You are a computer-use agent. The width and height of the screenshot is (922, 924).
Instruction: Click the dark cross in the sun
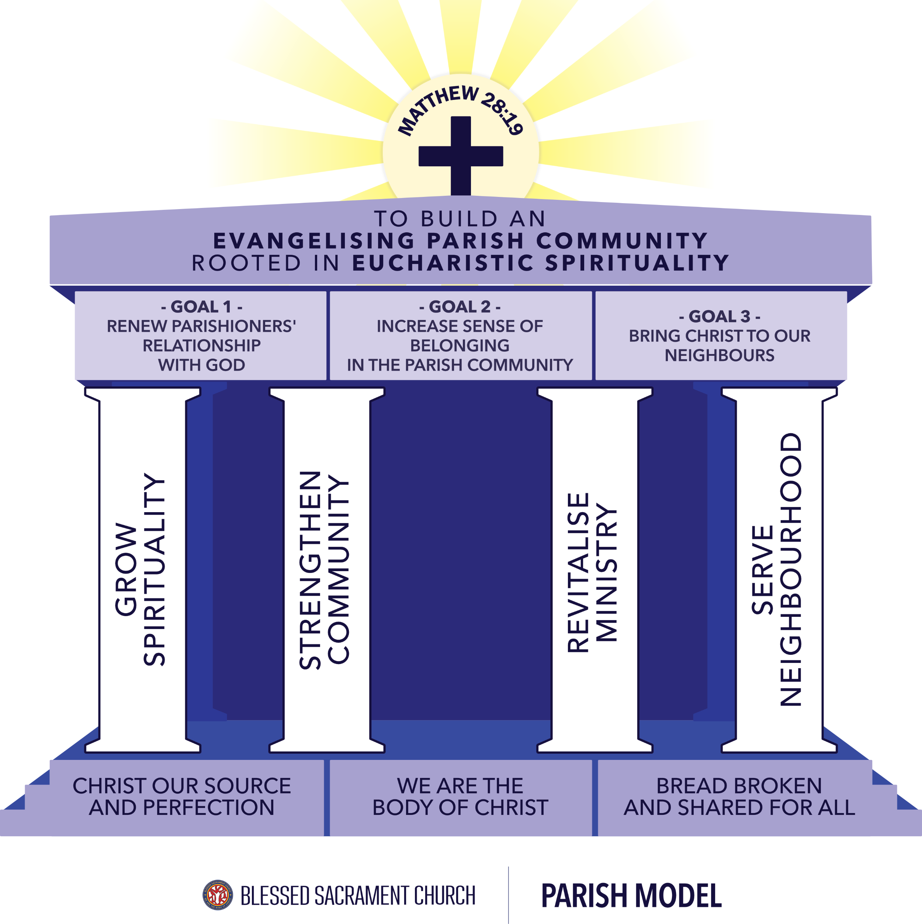461,156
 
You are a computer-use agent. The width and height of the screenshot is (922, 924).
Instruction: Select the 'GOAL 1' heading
201,306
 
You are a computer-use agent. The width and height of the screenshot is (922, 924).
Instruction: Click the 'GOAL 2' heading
460,306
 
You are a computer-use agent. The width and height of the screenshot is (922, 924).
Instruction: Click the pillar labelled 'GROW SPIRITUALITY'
142,569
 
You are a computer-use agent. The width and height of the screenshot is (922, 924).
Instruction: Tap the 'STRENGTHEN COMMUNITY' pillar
326,569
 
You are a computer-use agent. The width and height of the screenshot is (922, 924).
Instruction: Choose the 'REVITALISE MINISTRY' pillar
595,569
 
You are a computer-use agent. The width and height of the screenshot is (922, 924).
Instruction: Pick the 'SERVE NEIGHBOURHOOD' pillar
779,569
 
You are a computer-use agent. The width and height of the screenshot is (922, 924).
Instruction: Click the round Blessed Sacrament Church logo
218,895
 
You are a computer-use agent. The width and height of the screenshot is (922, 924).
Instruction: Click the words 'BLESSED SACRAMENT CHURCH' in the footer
358,896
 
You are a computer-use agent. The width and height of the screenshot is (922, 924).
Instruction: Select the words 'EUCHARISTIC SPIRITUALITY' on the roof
541,263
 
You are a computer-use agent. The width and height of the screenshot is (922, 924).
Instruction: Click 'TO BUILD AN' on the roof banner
460,219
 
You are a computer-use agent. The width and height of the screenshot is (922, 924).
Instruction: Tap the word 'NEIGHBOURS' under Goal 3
719,355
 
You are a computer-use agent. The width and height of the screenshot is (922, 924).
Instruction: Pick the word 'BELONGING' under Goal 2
460,346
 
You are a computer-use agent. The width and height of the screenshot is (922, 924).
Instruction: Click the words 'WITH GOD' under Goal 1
201,365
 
